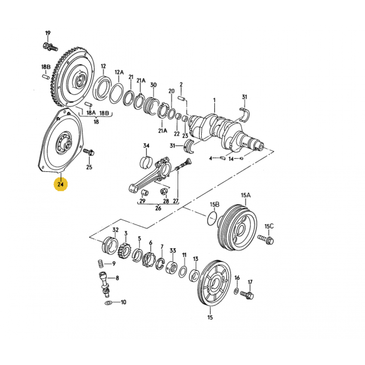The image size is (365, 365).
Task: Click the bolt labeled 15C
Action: pyautogui.click(x=267, y=239)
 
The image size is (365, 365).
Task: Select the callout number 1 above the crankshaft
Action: pyautogui.click(x=214, y=100)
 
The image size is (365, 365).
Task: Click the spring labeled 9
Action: pyautogui.click(x=99, y=262)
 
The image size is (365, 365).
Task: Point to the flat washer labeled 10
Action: pyautogui.click(x=108, y=303)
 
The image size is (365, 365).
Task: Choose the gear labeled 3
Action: pyautogui.click(x=125, y=250)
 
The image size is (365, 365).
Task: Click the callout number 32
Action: pyautogui.click(x=115, y=230)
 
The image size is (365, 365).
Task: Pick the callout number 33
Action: pyautogui.click(x=173, y=251)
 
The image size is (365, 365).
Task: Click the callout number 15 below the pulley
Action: pyautogui.click(x=210, y=318)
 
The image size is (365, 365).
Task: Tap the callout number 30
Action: pyautogui.click(x=153, y=85)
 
